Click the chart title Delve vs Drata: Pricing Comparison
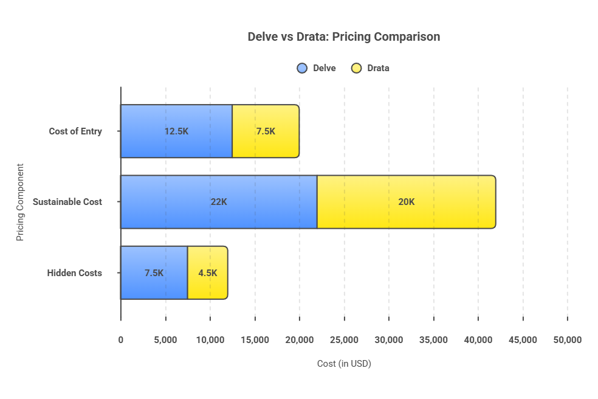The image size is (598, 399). click(343, 37)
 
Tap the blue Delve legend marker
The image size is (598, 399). click(302, 68)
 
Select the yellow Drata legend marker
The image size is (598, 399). click(357, 68)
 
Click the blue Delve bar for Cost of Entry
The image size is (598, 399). click(176, 146)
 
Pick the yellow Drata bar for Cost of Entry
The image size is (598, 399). click(266, 146)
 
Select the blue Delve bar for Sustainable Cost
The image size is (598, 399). click(219, 216)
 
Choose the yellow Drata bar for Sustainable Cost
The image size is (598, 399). click(406, 216)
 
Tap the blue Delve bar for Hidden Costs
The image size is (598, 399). click(154, 286)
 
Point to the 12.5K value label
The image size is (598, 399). click(176, 131)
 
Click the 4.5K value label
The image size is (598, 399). click(207, 273)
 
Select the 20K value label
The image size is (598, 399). click(406, 202)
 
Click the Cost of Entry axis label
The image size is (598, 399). click(75, 131)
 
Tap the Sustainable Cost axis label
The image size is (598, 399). click(67, 202)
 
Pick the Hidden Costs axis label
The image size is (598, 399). click(75, 273)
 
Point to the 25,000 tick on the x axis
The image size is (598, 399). click(344, 340)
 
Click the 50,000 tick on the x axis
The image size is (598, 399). click(567, 340)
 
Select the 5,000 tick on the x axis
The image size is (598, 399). click(165, 340)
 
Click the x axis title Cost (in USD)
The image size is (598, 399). click(344, 364)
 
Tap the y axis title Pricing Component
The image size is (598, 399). click(20, 202)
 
